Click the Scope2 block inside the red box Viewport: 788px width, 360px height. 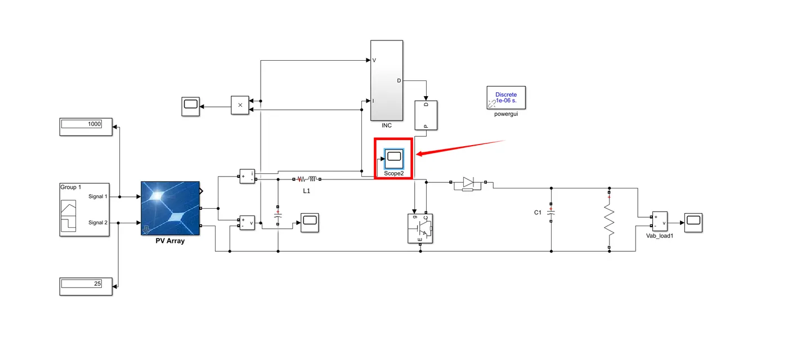click(x=393, y=159)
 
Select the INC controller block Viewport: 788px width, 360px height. click(x=386, y=80)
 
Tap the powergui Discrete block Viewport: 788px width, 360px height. click(x=505, y=98)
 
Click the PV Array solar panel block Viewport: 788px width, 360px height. click(x=170, y=209)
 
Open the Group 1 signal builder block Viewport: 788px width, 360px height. click(x=84, y=209)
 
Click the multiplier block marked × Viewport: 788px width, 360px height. click(x=240, y=105)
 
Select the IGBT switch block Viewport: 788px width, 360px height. click(x=420, y=228)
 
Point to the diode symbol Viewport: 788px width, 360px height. click(x=468, y=182)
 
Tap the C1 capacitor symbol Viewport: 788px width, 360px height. click(x=551, y=213)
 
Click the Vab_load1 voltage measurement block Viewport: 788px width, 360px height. click(x=659, y=223)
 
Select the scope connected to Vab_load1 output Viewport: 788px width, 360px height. click(x=693, y=222)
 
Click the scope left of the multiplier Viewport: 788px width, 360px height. click(x=190, y=106)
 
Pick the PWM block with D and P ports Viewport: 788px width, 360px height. click(x=426, y=115)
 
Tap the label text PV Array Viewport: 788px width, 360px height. click(x=170, y=241)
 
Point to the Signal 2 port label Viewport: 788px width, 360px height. click(x=98, y=223)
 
